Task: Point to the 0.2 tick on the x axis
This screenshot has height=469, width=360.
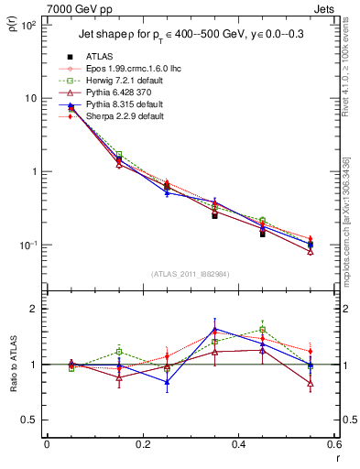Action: point(142,443)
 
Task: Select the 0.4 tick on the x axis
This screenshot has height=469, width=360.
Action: point(238,443)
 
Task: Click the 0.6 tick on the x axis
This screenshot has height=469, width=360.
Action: point(333,443)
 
